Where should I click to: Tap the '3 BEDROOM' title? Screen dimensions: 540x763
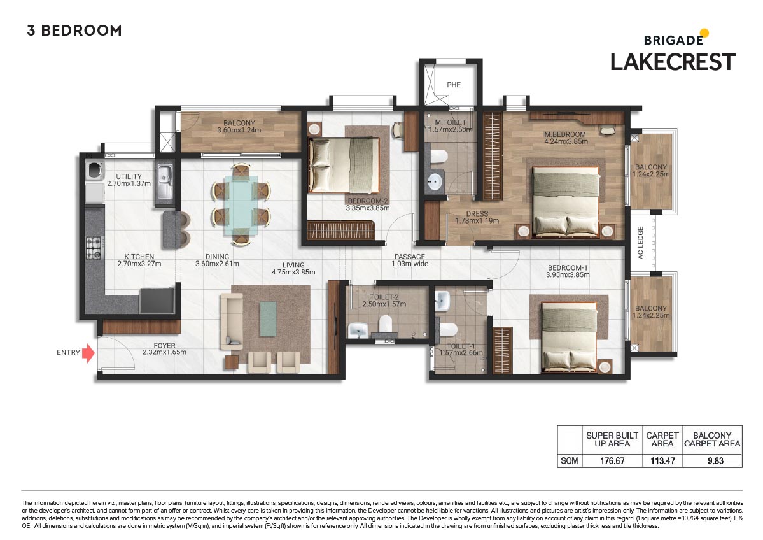[74, 31]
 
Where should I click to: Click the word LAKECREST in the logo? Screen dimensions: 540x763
[673, 62]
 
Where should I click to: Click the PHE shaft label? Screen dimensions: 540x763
[453, 85]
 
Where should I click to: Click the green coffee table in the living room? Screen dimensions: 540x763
[267, 318]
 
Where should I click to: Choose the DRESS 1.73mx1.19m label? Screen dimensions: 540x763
[476, 218]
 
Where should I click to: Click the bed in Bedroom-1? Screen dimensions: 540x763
[568, 334]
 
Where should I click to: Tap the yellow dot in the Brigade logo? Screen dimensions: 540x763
[704, 32]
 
